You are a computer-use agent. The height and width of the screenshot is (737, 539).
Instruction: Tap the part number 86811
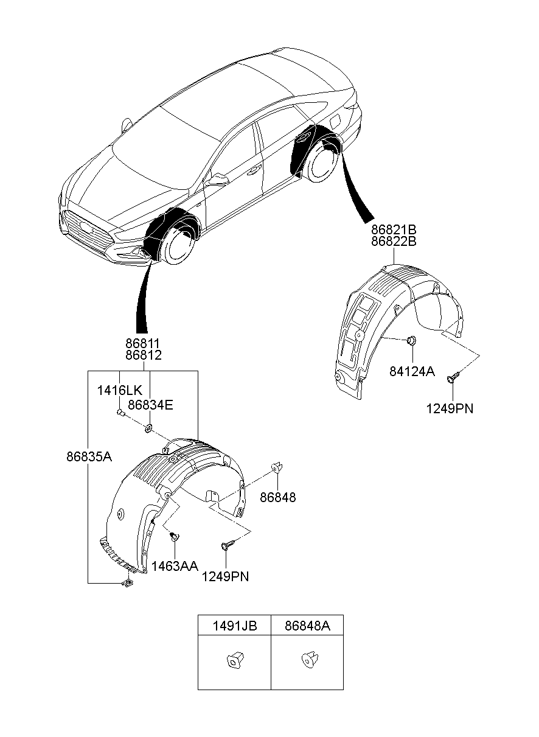coord(143,344)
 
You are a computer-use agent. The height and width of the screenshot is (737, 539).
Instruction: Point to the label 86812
coord(143,355)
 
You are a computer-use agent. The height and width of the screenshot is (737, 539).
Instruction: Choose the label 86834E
coord(150,403)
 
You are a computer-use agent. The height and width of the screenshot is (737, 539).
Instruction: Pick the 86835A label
coord(89,456)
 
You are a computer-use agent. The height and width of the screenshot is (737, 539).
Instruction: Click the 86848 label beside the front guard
coord(278,497)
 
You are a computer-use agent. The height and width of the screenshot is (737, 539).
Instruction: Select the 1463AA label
coord(175,566)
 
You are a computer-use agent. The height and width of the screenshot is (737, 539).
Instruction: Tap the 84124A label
coord(412,371)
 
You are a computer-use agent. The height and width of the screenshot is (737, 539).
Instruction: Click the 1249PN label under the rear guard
coord(450,408)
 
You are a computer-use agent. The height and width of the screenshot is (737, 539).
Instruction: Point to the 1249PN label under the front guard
coord(226,576)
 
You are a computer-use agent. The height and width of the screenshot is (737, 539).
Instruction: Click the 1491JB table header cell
coord(234,625)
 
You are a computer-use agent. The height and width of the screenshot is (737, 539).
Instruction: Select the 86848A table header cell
coord(307,625)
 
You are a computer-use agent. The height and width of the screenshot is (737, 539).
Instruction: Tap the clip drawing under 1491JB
coord(234,660)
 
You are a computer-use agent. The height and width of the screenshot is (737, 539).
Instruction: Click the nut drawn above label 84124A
coord(411,341)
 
